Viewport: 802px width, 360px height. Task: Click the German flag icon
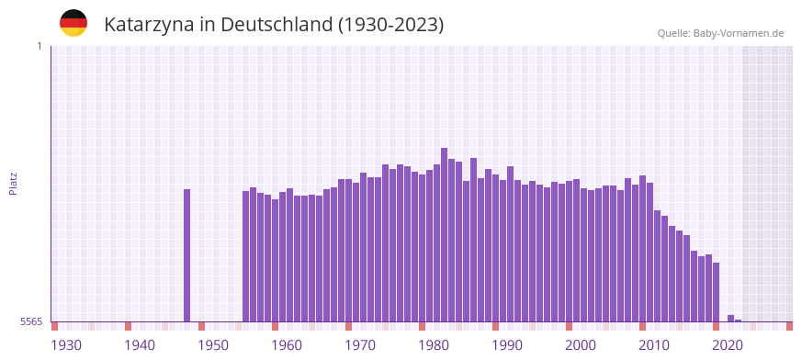[73, 24]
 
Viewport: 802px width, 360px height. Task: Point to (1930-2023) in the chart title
[391, 25]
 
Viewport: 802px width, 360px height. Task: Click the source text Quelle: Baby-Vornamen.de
[720, 33]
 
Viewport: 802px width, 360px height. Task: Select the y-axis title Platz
[13, 183]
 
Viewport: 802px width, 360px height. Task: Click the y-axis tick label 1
[39, 46]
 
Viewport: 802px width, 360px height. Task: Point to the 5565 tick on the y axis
[29, 321]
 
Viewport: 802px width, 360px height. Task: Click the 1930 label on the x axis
[66, 344]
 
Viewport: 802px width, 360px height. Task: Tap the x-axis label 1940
[140, 344]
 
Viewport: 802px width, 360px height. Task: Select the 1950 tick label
[213, 344]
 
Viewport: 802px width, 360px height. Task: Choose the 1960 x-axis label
[287, 344]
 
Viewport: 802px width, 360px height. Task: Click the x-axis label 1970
[360, 344]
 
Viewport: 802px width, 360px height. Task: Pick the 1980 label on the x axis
[434, 344]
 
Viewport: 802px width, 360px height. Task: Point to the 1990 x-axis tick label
[507, 344]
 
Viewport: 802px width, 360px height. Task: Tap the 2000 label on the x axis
[581, 344]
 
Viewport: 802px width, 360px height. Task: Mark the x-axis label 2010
[654, 344]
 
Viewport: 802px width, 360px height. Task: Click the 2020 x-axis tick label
[728, 344]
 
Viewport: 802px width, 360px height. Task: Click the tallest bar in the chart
[445, 234]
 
